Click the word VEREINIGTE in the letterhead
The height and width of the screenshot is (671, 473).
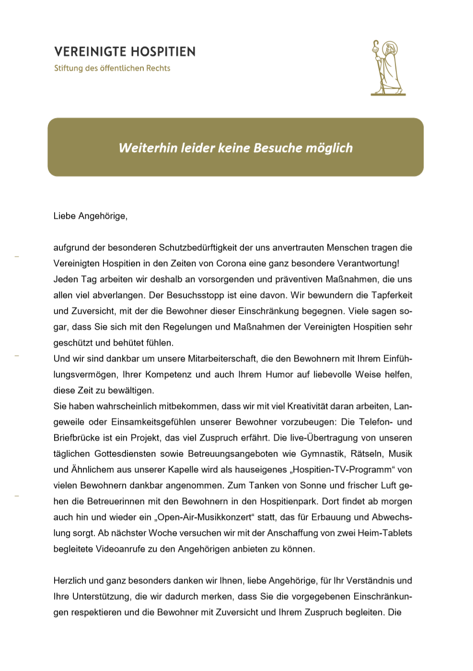click(90, 52)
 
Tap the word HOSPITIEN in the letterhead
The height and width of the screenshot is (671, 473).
click(163, 52)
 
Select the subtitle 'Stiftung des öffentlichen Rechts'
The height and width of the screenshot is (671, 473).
click(112, 68)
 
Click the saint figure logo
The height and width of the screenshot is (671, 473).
click(388, 68)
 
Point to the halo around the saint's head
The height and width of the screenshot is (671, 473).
click(391, 47)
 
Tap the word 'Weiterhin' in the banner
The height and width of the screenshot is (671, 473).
click(148, 148)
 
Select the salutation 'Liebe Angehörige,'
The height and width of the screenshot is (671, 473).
click(91, 216)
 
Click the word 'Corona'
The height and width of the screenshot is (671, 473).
click(231, 263)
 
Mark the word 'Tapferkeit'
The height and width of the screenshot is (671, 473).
click(392, 295)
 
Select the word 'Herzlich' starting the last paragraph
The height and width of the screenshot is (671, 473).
click(70, 580)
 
